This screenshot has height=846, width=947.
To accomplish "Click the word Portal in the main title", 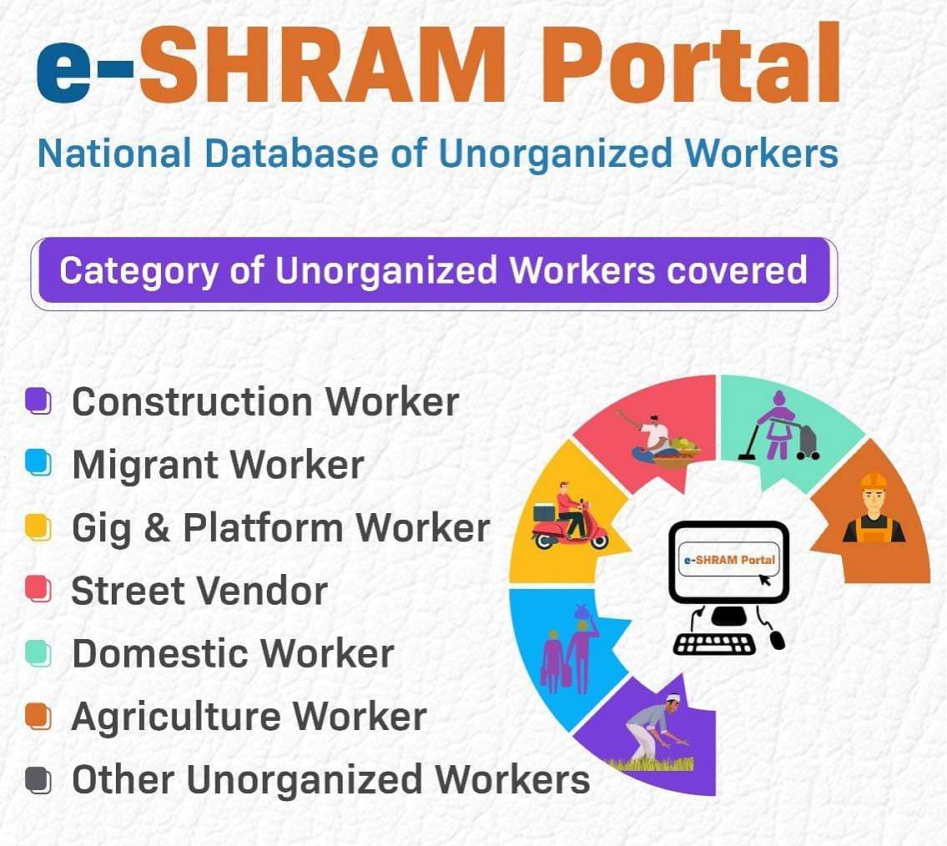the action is pyautogui.click(x=690, y=63).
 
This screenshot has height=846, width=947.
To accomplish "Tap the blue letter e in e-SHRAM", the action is pyautogui.click(x=64, y=71).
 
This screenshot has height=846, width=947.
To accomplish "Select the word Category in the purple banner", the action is pyautogui.click(x=139, y=270).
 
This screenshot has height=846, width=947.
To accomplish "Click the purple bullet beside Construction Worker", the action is pyautogui.click(x=38, y=401).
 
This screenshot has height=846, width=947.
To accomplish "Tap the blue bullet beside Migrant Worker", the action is pyautogui.click(x=38, y=463).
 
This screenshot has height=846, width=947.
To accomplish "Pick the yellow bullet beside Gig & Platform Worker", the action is pyautogui.click(x=38, y=527).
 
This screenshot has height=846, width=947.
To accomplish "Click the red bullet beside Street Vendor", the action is pyautogui.click(x=38, y=589).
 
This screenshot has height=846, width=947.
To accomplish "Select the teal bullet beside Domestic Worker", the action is pyautogui.click(x=38, y=653).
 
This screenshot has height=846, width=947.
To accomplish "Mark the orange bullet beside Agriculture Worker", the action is pyautogui.click(x=38, y=716).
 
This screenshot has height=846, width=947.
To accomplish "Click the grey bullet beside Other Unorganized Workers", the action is pyautogui.click(x=38, y=779).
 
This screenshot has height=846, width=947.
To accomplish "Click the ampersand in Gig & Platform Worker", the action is pyautogui.click(x=157, y=528).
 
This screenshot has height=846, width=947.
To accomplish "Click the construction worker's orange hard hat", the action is pyautogui.click(x=874, y=481).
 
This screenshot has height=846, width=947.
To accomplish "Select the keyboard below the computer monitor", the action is pyautogui.click(x=714, y=644).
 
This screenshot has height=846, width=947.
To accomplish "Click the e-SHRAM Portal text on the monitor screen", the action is pyautogui.click(x=729, y=560).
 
